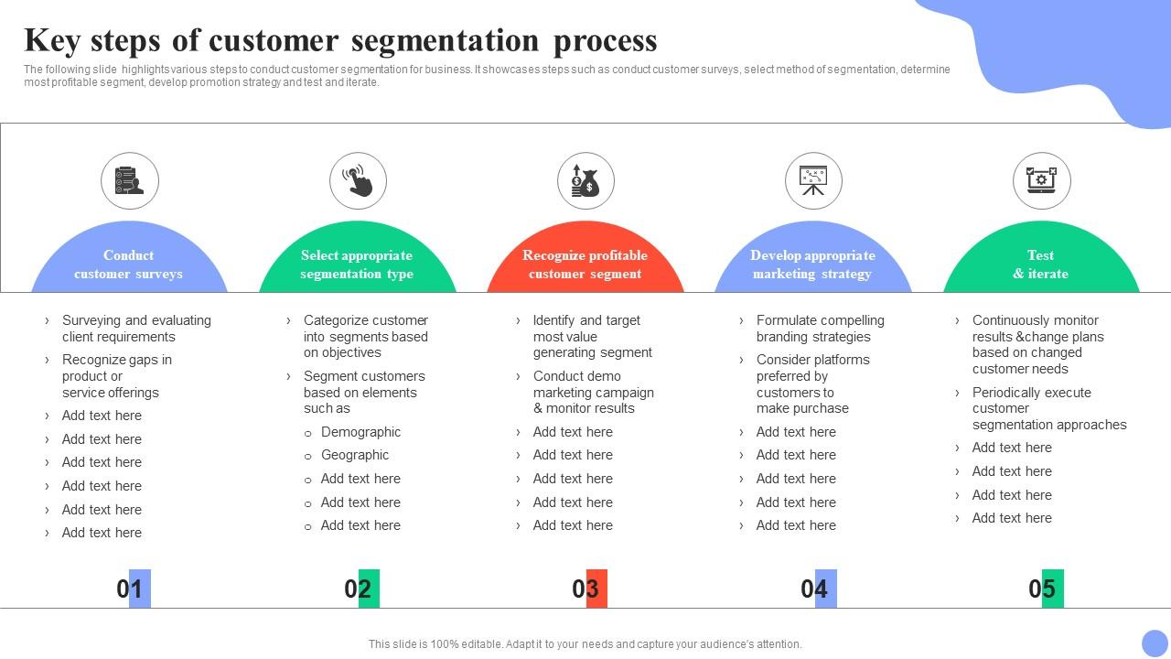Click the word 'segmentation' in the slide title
point(445,41)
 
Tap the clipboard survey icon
point(129,180)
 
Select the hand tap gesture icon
point(358,180)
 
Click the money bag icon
point(585,181)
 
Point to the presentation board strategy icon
point(813,180)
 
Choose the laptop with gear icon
point(1041,180)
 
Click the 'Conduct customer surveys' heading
point(129,265)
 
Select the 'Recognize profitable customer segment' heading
point(585,265)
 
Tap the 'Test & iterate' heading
point(1041,265)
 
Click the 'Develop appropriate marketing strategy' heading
point(812,265)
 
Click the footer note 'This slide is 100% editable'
point(585,643)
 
